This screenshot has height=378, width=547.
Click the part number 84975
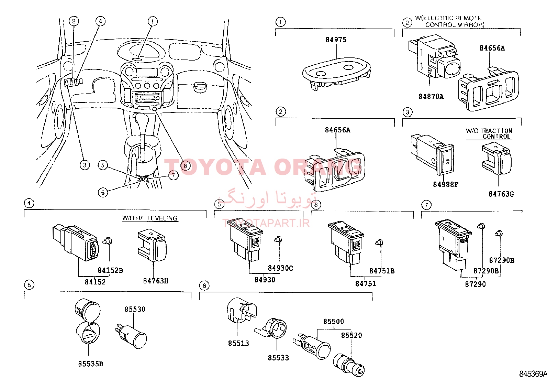point(336,40)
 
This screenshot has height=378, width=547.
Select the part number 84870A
point(431,97)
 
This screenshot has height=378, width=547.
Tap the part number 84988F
point(446,185)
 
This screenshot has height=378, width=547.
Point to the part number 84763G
point(501,194)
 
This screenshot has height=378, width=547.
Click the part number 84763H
point(156,281)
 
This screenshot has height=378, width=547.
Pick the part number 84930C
point(280,268)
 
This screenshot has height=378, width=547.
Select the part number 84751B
point(382,271)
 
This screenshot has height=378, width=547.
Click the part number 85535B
point(90,364)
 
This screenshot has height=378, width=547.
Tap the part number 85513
point(238,343)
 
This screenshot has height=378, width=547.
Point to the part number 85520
point(351,335)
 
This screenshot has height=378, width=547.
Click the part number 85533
point(278,358)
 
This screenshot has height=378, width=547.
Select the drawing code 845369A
point(533,374)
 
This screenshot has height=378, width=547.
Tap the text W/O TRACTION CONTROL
point(489,134)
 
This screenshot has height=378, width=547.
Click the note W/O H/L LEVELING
point(150,218)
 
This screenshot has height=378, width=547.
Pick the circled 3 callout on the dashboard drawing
point(85,165)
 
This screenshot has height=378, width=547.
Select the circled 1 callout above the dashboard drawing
point(153,21)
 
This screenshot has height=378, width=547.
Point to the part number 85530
point(135,309)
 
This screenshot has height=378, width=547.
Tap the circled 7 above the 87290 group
point(426,205)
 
